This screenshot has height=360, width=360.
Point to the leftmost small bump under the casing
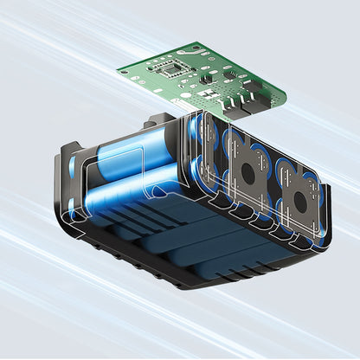coord(95,245)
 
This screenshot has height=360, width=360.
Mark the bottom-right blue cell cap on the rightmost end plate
coord(318,227)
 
